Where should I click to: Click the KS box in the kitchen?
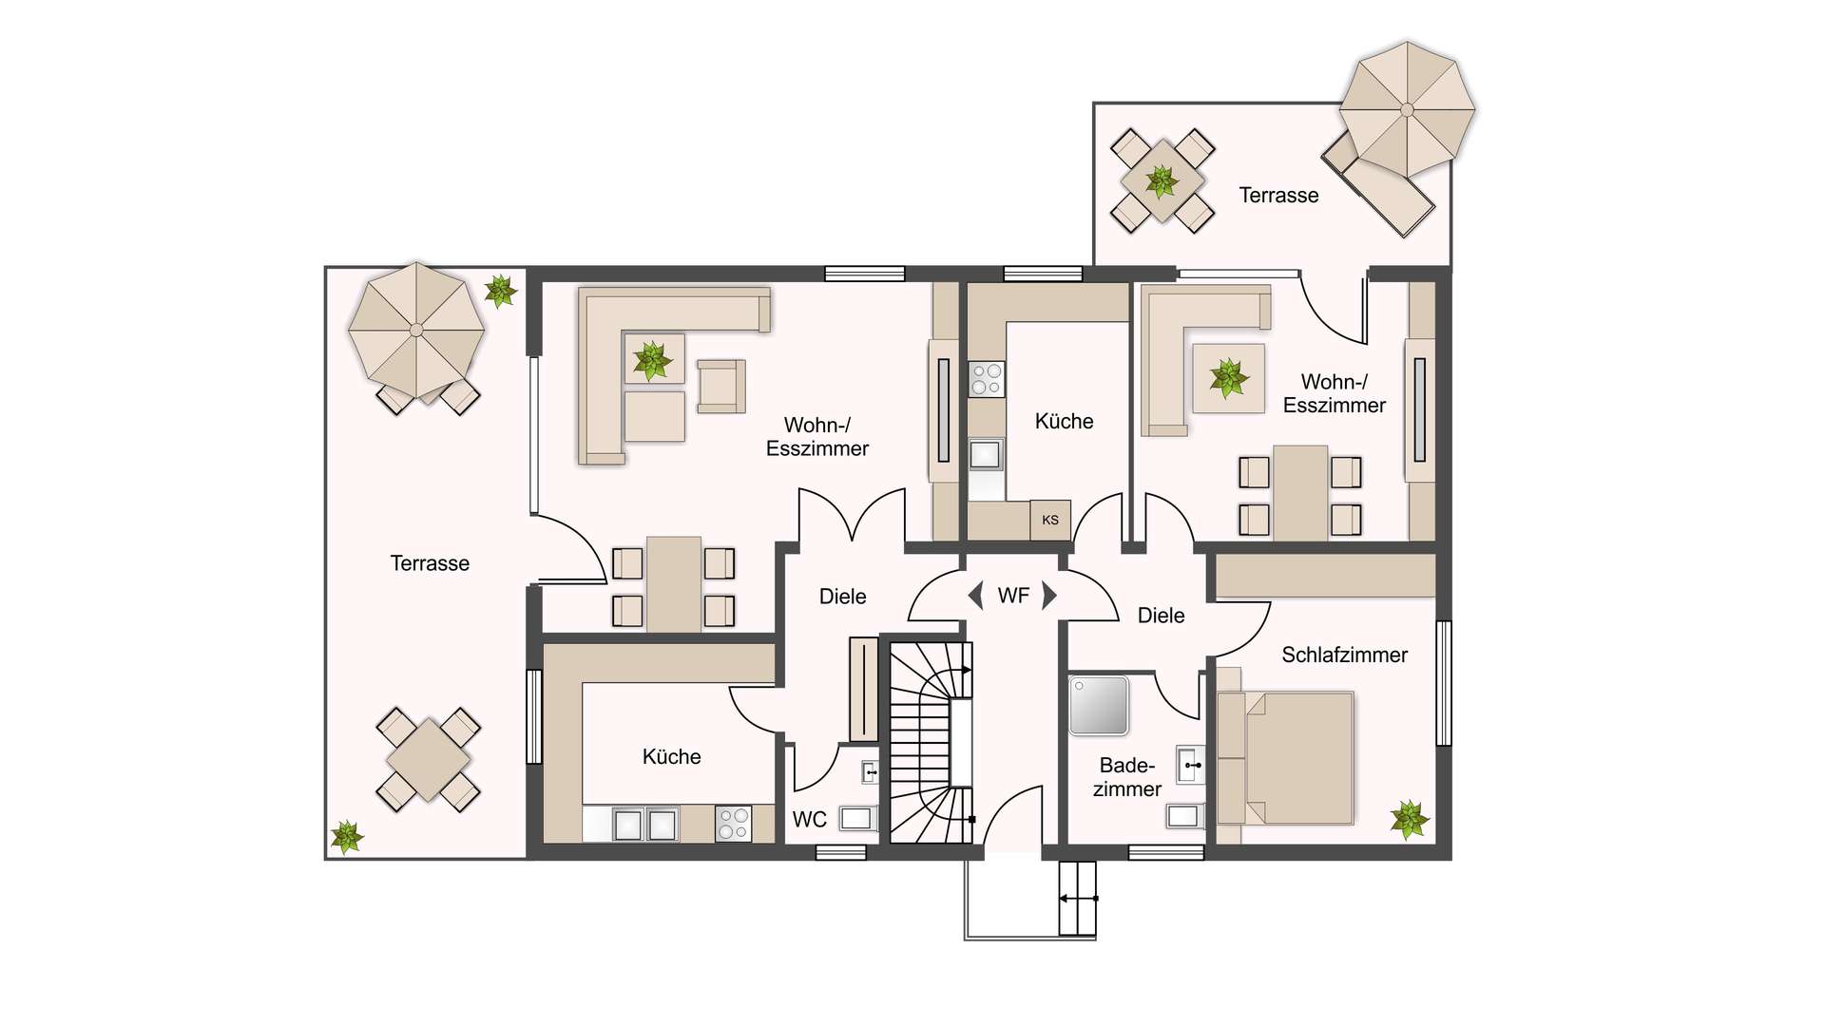click(x=1050, y=520)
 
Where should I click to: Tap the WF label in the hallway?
click(x=1013, y=596)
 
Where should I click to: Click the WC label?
click(x=810, y=819)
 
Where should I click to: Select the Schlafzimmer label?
click(x=1344, y=655)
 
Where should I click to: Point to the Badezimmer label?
click(x=1127, y=777)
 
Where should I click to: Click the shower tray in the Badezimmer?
click(x=1099, y=705)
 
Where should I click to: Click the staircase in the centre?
click(x=931, y=742)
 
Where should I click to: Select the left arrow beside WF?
click(x=975, y=596)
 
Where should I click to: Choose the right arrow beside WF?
click(x=1049, y=596)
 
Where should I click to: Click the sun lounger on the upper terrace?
click(x=1378, y=185)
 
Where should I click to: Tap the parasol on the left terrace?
click(x=416, y=331)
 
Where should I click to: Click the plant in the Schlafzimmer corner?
click(x=1409, y=820)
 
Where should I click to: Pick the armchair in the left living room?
click(x=721, y=386)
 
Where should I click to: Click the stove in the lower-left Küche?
click(x=733, y=824)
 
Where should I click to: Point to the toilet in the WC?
click(x=857, y=818)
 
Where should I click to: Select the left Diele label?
click(x=842, y=597)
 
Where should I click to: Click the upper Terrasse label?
click(x=1278, y=195)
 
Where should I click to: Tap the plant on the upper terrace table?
click(x=1162, y=180)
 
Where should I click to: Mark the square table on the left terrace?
click(x=429, y=760)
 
